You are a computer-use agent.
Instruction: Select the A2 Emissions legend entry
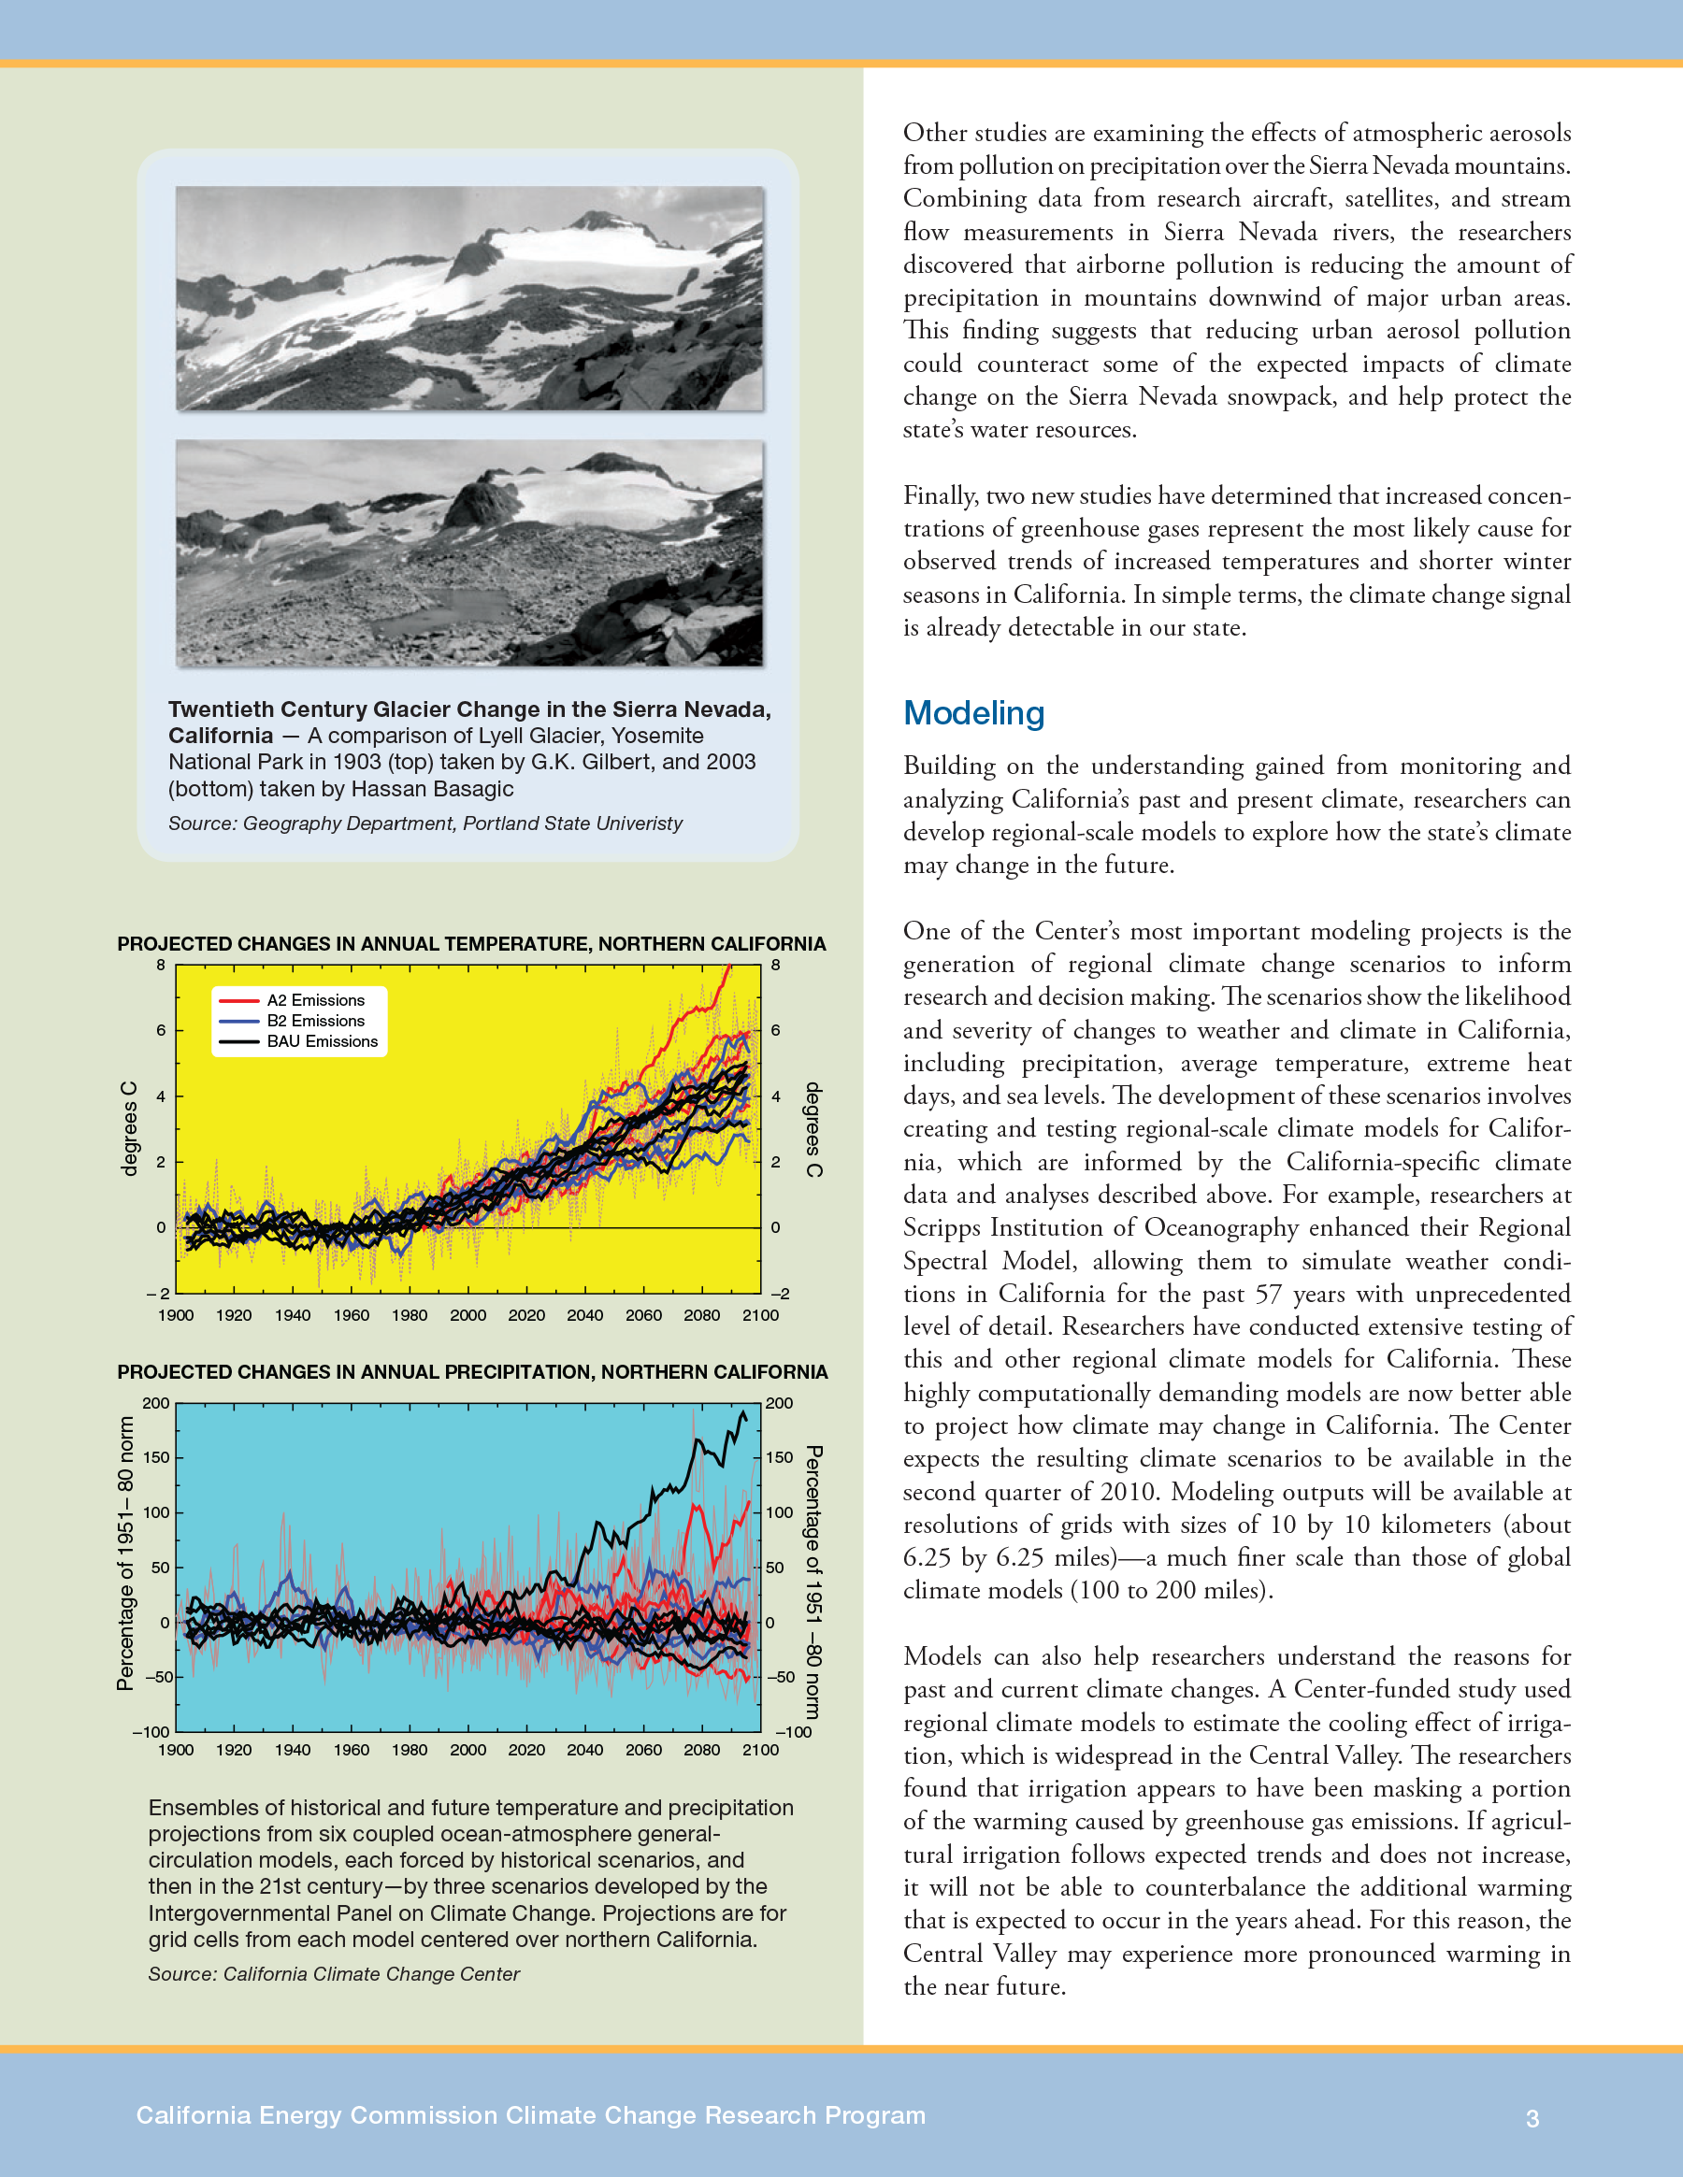coord(315,1000)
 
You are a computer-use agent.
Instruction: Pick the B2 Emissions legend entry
coord(315,1021)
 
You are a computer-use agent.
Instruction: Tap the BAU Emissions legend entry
coord(322,1041)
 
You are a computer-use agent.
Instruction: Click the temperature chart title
coord(470,944)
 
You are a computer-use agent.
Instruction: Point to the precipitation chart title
coord(471,1372)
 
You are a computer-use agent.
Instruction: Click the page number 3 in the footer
coord(1532,2118)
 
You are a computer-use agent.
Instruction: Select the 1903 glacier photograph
coord(469,298)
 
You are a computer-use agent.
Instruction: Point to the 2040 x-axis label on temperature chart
coord(584,1316)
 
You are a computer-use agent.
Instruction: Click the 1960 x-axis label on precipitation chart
coord(351,1751)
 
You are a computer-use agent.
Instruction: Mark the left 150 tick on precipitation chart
coord(156,1457)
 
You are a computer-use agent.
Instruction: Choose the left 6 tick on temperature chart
coord(161,1031)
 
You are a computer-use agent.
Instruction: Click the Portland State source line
coord(424,824)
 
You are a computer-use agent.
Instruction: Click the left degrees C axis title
coord(129,1128)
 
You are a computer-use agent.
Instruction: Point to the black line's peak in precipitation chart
coord(741,1412)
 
